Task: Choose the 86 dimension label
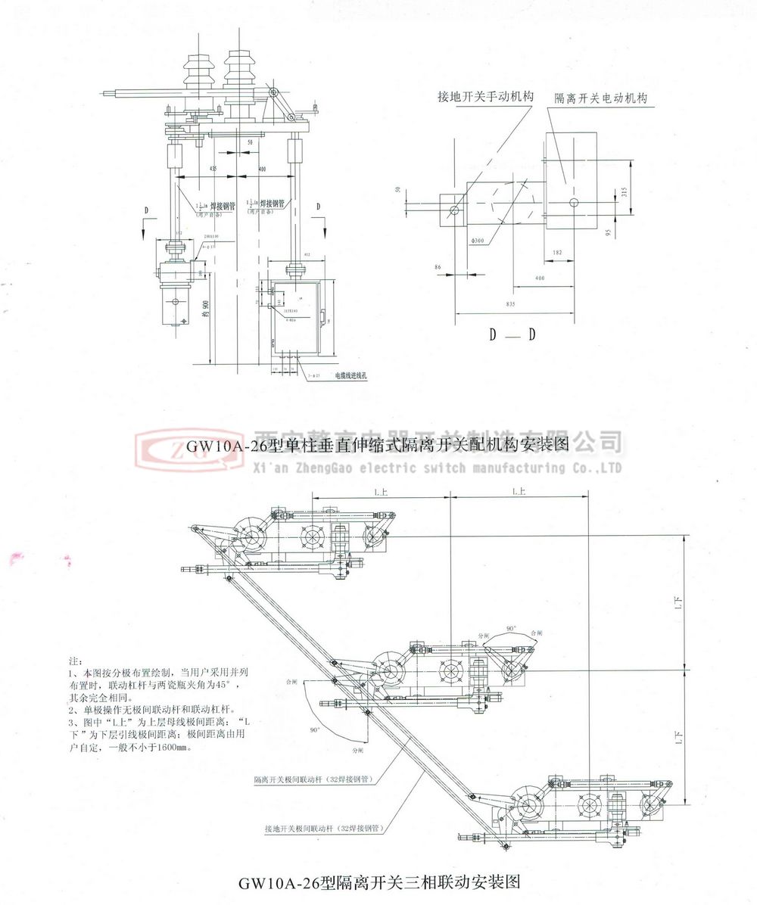coord(440,267)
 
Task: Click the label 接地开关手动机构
coord(485,97)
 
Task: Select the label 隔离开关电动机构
coord(606,98)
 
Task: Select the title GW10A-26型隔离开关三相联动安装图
coord(380,882)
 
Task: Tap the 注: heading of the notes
coord(72,661)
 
